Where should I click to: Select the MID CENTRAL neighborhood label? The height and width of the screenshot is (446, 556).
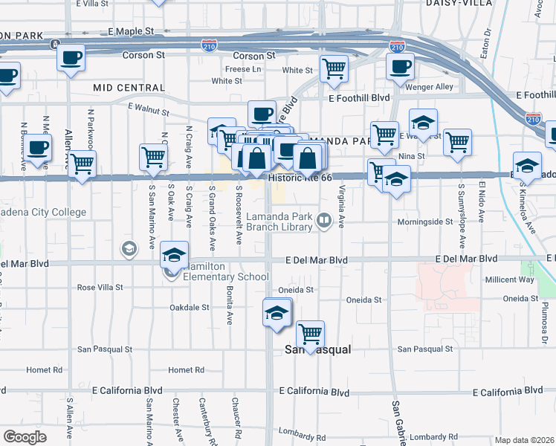[x=129, y=88]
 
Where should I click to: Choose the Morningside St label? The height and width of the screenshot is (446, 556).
[x=425, y=222]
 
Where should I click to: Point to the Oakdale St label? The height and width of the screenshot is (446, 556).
[x=190, y=307]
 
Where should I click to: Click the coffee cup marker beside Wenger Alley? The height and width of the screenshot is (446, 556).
[x=400, y=67]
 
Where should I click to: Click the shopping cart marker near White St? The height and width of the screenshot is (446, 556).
[x=334, y=68]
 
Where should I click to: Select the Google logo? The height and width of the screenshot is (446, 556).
[x=25, y=436]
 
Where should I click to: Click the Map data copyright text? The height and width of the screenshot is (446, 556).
[x=523, y=440]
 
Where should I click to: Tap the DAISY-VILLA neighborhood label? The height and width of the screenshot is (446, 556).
[x=456, y=3]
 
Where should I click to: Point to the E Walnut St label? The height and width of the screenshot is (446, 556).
[x=149, y=109]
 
